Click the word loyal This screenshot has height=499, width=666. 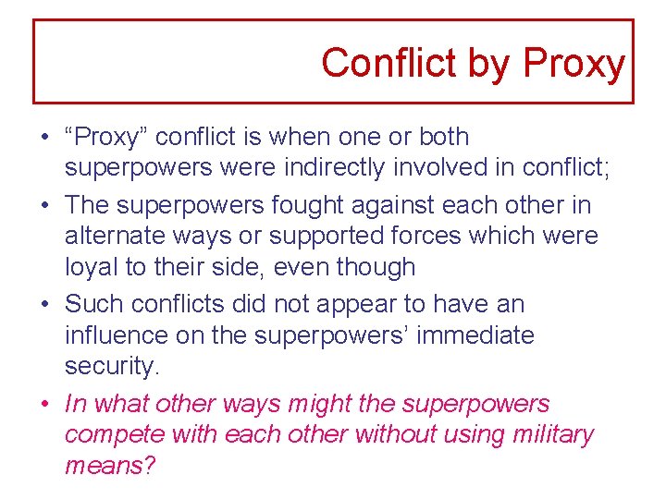point(88,268)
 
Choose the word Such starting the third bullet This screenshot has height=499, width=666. point(88,303)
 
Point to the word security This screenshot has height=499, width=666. point(112,367)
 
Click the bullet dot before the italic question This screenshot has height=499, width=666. point(44,405)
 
